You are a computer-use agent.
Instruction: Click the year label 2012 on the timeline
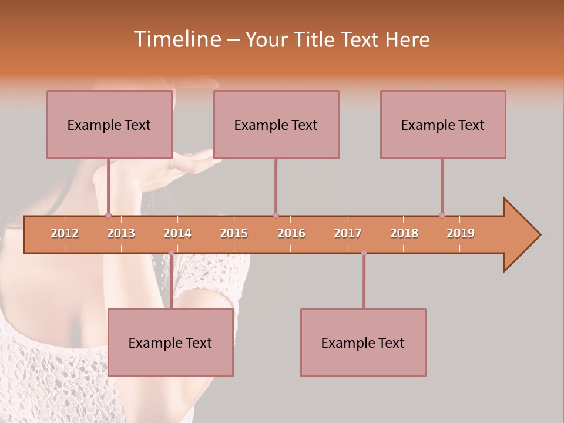[65, 233]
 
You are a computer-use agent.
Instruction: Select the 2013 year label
[121, 233]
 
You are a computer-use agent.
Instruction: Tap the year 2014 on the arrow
[177, 233]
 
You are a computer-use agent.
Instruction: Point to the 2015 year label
[234, 233]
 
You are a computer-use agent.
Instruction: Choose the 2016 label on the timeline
[291, 233]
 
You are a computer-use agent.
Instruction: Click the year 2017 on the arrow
[348, 233]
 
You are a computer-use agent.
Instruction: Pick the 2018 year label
[404, 233]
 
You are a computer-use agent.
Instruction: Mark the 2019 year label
[461, 233]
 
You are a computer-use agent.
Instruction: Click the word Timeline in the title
[176, 39]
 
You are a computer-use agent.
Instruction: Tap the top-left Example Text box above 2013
[109, 125]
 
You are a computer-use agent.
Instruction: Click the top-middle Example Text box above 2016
[276, 125]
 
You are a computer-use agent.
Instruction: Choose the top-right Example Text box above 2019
[443, 125]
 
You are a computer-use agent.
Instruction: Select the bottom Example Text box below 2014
[170, 343]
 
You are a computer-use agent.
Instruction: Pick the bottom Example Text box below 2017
[363, 343]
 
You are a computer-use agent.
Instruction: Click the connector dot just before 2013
[108, 215]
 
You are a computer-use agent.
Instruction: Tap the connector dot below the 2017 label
[364, 253]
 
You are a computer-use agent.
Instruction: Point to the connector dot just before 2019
[442, 215]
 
